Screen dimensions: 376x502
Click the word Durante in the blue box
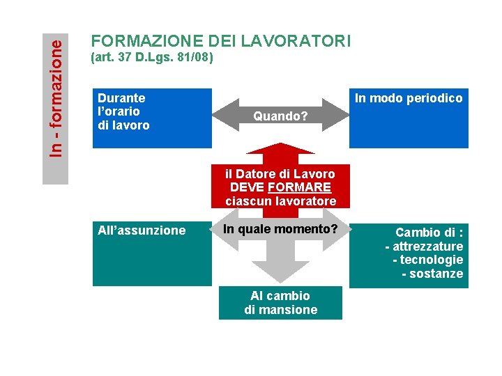click(121, 98)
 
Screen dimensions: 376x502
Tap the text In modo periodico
click(409, 98)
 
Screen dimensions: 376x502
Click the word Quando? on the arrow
click(280, 116)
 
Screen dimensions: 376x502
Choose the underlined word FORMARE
click(300, 187)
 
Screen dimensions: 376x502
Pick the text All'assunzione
click(142, 230)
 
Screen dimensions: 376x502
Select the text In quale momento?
click(280, 229)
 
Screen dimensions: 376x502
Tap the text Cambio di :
click(429, 233)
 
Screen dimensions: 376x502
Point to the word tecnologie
click(432, 260)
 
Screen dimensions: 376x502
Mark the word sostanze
click(436, 274)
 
